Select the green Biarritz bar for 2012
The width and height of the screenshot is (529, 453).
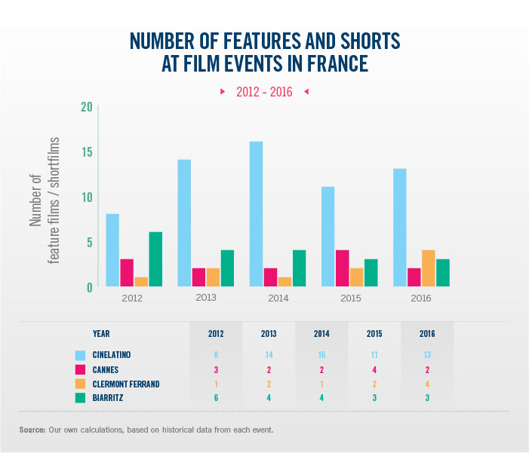[x=155, y=259]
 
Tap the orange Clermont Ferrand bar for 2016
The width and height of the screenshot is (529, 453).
[x=428, y=268]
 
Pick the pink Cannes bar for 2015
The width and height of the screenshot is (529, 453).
[x=342, y=268]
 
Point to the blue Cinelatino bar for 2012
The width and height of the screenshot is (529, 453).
[x=112, y=250]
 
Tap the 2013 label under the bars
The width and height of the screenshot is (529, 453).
[x=206, y=298]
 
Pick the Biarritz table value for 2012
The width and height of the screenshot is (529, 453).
[x=217, y=398]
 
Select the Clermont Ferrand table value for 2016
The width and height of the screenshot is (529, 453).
[x=427, y=384]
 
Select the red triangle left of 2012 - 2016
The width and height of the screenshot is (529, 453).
[x=223, y=92]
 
